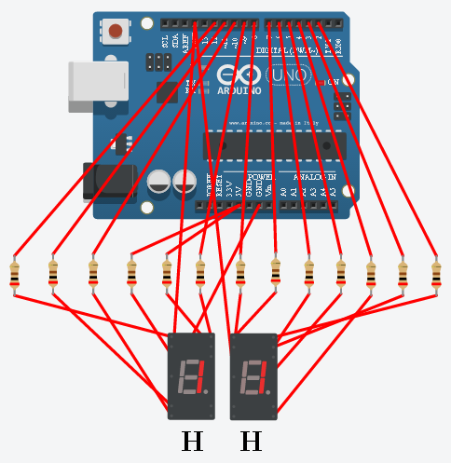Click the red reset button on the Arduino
click(116, 31)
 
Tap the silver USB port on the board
click(98, 81)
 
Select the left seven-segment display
click(191, 376)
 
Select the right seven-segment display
click(253, 376)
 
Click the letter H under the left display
click(192, 441)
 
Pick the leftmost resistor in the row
click(14, 276)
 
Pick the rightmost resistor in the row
click(435, 276)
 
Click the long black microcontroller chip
click(275, 145)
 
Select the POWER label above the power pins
click(259, 176)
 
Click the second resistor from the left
click(53, 276)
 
